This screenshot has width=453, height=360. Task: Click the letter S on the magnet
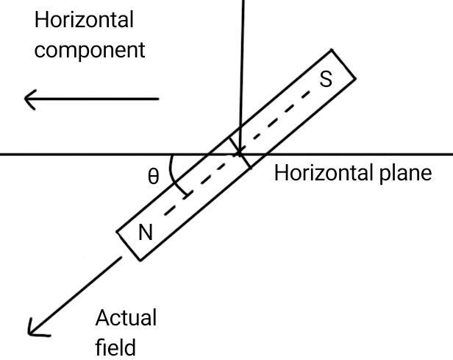(x=325, y=79)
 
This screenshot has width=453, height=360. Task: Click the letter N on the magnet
(x=146, y=233)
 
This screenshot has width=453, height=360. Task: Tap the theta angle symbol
(x=153, y=177)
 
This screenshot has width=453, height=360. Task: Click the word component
(x=90, y=52)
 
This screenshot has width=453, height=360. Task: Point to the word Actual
(x=126, y=318)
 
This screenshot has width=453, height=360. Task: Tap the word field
(x=116, y=345)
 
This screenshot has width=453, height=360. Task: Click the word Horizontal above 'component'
(x=85, y=20)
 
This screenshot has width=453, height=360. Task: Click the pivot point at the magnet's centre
(x=239, y=153)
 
